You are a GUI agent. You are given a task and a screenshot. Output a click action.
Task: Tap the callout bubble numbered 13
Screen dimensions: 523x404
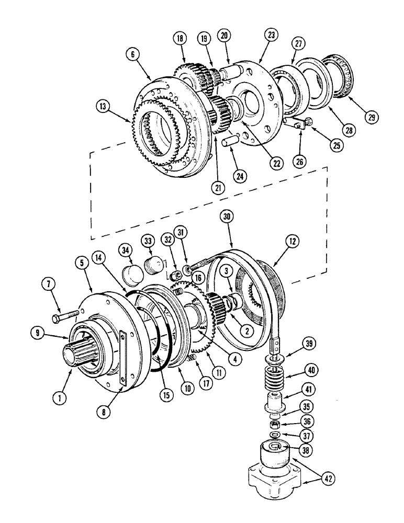(104, 106)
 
